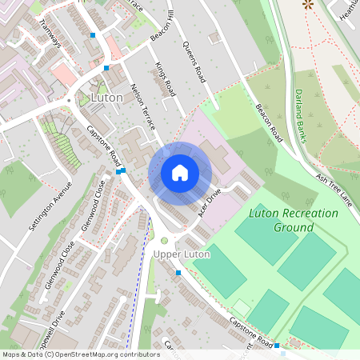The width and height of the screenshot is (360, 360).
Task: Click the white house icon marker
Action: click(180, 173)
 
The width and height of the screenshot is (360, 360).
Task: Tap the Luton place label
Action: click(107, 98)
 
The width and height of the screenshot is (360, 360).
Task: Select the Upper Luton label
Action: click(181, 254)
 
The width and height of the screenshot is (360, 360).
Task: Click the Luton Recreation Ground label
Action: click(281, 220)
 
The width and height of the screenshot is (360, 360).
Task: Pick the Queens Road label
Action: click(196, 60)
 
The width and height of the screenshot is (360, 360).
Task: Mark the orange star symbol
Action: click(307, 4)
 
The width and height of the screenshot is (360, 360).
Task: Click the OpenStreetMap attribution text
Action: click(81, 354)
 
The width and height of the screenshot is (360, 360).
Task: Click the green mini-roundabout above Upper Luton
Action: click(164, 240)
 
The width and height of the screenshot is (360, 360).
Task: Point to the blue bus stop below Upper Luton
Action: click(178, 273)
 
